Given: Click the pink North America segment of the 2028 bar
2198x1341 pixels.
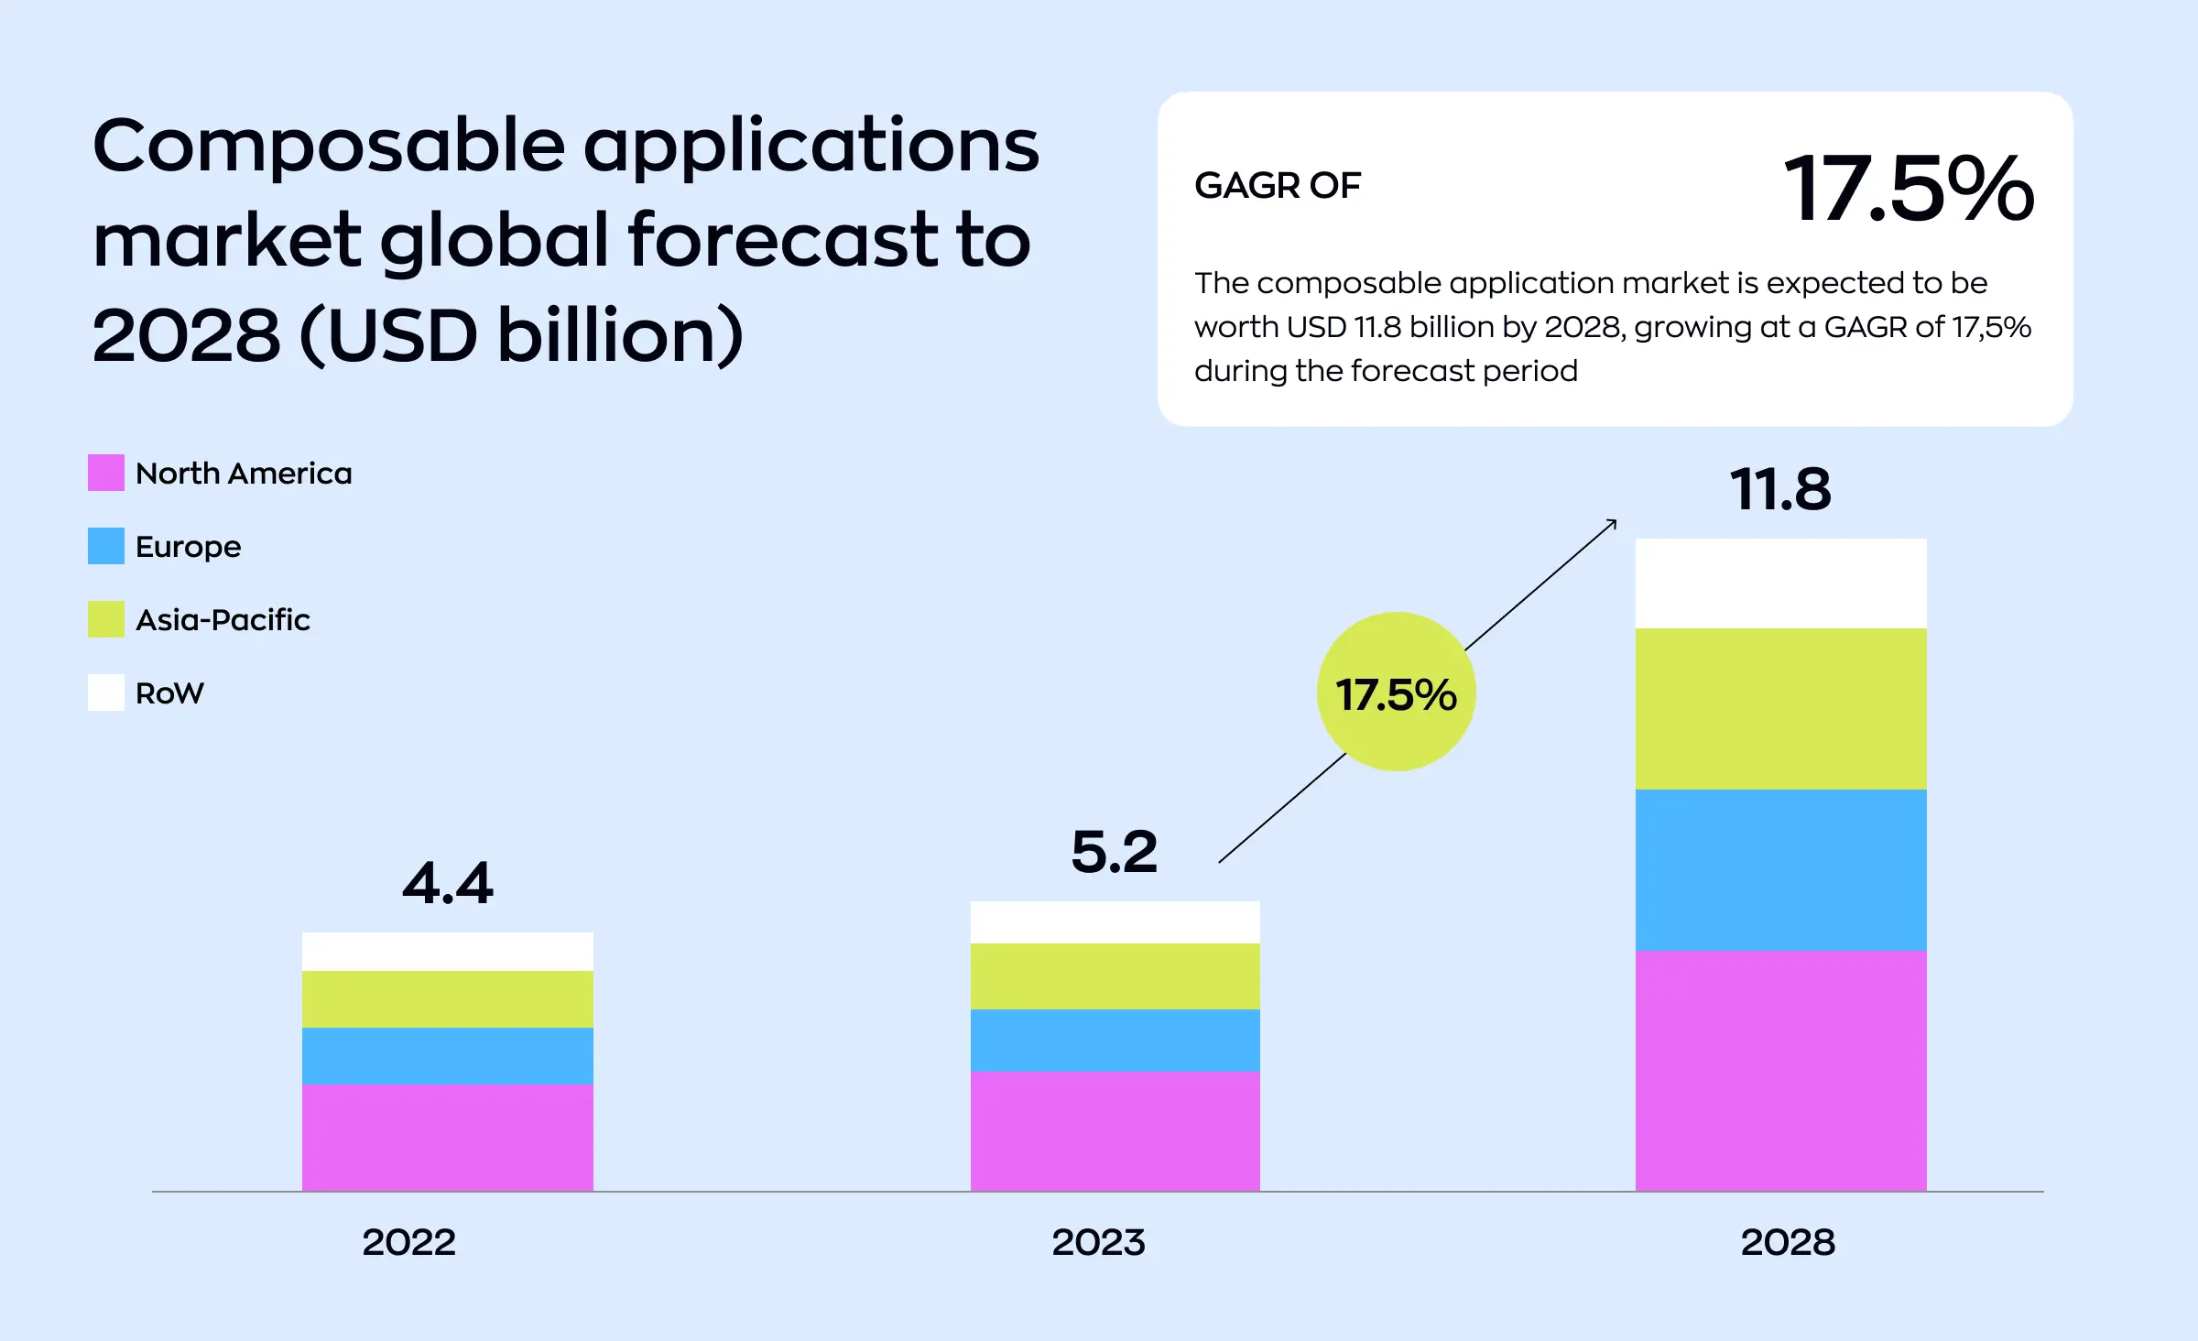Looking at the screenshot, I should coord(1780,1070).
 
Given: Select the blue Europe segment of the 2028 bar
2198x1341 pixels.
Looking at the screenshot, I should coord(1780,869).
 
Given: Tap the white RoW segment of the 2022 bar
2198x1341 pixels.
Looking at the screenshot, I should coord(447,952).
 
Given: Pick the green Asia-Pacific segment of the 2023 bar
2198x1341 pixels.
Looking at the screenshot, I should coord(1115,976).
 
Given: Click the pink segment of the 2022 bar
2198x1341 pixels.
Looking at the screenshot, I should coord(447,1137).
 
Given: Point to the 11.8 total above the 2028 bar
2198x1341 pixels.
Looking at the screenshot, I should coord(1779,489).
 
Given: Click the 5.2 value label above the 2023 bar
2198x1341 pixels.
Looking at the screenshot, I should coord(1114,852).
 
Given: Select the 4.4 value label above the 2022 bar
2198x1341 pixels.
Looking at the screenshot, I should coord(447,884).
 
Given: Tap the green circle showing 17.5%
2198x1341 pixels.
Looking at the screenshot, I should coord(1396,692).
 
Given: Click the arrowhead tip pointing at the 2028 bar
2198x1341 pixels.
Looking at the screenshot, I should coord(1615,521).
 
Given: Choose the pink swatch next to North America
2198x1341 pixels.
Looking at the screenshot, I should coord(106,473).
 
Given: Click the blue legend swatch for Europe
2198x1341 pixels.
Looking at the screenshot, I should coord(106,546).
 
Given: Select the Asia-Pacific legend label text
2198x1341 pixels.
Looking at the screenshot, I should coord(223,620).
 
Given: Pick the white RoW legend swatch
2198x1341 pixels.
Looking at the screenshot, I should coord(106,692).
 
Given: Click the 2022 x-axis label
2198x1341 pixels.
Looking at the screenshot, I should coord(408,1242).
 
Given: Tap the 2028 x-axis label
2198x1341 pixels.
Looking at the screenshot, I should coord(1787,1242).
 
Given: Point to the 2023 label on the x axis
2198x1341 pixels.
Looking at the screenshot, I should coord(1098,1242).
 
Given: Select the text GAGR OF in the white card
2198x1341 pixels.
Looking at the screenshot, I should coord(1277,186).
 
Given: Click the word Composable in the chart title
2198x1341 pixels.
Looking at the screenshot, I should coord(328,147).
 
